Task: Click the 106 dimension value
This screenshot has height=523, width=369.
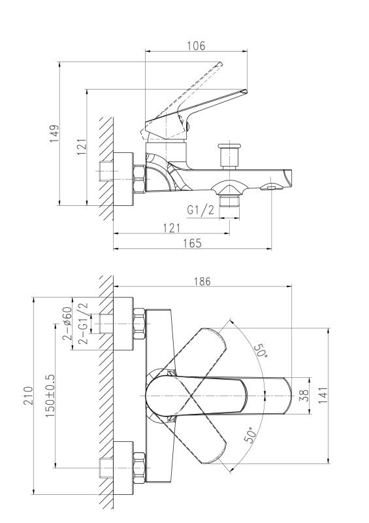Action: coord(196,46)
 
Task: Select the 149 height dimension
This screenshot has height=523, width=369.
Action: coord(54,133)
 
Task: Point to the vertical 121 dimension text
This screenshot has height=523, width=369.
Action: coord(82,146)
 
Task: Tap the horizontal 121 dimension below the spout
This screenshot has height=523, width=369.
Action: coord(172,228)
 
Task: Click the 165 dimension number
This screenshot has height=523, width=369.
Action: coord(192,243)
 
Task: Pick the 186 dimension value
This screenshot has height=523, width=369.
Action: coord(202,282)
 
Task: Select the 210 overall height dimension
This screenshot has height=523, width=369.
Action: coord(28,396)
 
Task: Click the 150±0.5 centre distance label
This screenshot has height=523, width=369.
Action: coord(50,396)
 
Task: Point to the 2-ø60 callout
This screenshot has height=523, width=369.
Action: coord(67,323)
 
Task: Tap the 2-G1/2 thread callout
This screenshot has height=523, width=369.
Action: coord(82,323)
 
